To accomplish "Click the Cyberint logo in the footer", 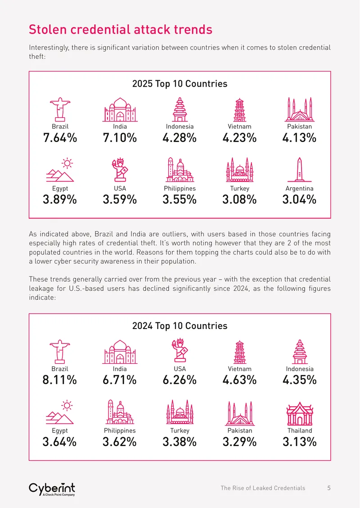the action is [52, 489].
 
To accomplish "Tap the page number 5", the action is [329, 488].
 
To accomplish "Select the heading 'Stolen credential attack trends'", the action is [120, 30].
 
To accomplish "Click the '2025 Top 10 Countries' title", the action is [180, 84].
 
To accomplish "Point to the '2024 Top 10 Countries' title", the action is [180, 325].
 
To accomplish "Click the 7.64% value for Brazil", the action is [60, 138].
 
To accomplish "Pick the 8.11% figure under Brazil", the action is [60, 380].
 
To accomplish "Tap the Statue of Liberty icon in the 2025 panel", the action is [120, 169].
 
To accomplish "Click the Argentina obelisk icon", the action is [299, 169].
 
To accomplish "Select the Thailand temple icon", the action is [300, 414].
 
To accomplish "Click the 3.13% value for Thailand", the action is [300, 442].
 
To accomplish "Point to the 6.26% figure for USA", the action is [180, 380].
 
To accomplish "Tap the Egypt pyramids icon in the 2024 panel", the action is [60, 412].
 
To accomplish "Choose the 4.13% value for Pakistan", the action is [299, 138].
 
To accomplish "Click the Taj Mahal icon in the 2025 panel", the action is [120, 110].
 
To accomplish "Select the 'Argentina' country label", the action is [299, 188].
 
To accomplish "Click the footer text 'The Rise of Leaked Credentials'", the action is [263, 488].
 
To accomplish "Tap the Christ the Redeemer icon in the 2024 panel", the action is [60, 352].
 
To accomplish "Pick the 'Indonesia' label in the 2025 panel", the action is [180, 127].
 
